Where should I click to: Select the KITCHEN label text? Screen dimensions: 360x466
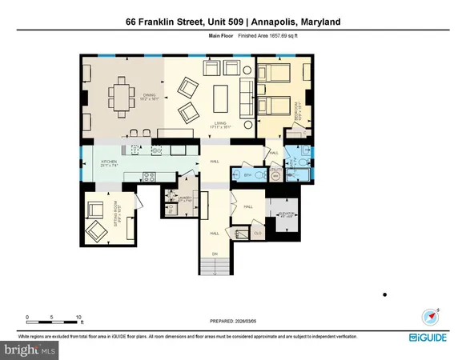coord(109,162)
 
